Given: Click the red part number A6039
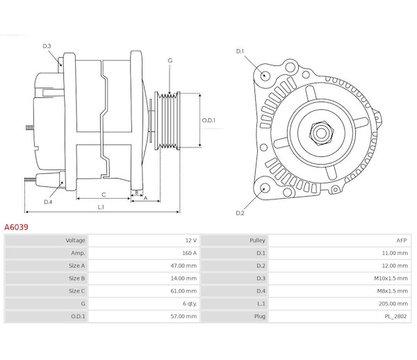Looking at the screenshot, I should (x=17, y=227).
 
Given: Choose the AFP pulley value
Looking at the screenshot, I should (x=401, y=240).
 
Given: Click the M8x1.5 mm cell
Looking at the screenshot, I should (x=393, y=290).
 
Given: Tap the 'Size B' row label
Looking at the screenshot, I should (x=76, y=277).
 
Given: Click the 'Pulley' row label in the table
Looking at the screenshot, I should (x=257, y=240).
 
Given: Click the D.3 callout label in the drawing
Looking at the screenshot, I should (x=47, y=47).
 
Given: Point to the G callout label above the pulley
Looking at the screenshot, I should (x=170, y=61).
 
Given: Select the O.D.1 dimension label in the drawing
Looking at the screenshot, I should (x=208, y=120).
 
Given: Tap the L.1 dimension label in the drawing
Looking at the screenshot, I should (x=101, y=207).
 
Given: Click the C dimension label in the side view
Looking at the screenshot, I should (x=103, y=195).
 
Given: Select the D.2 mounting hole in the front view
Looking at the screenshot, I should (x=265, y=188).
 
